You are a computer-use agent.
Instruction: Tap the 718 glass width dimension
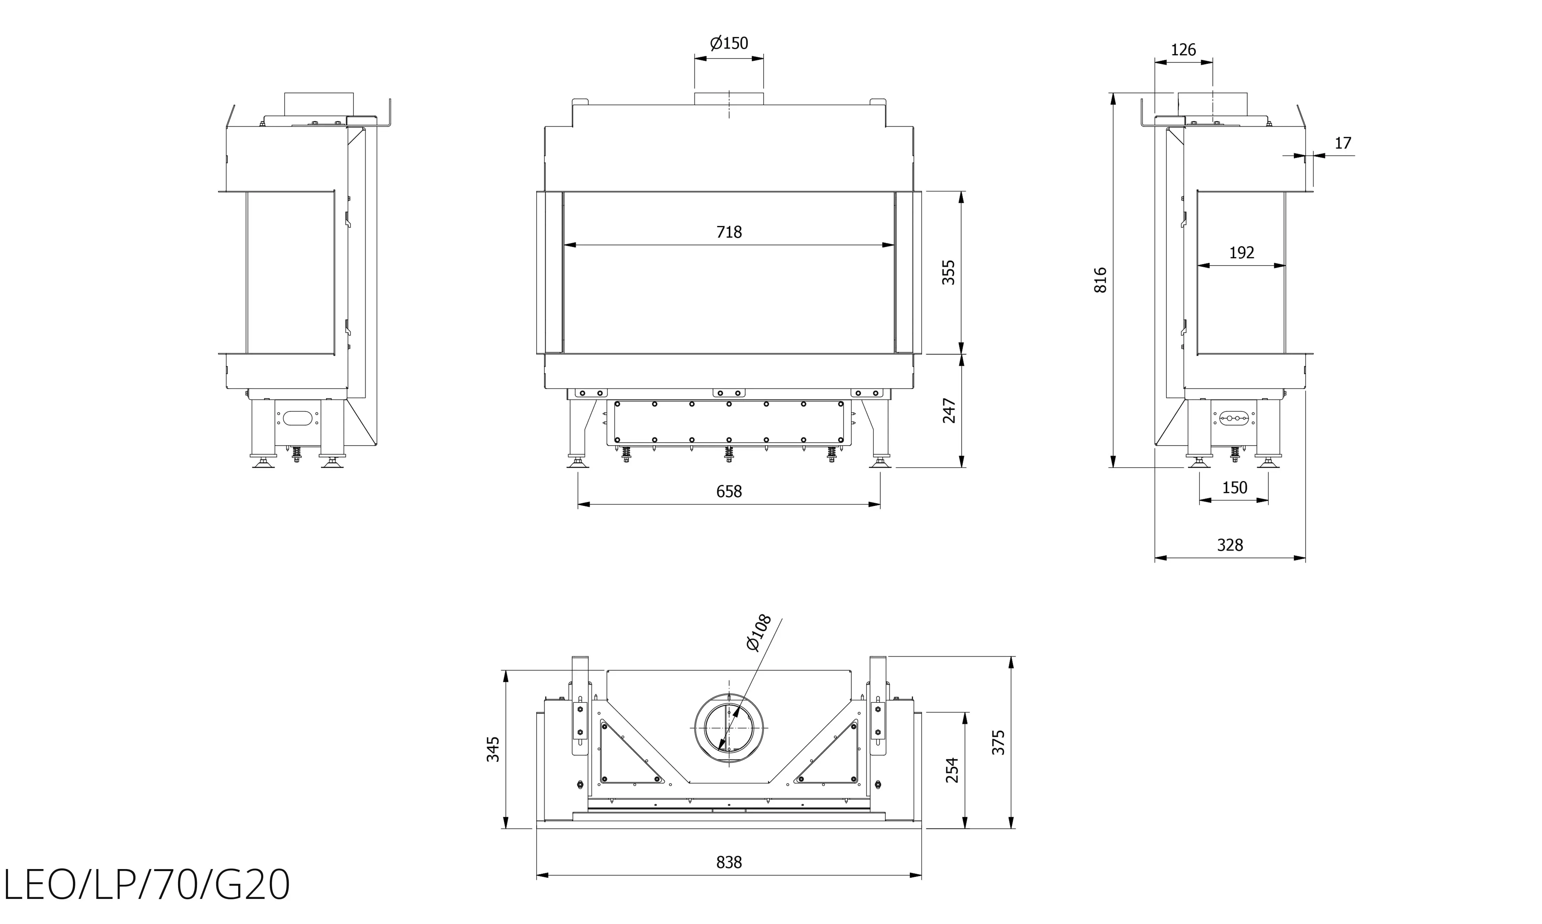tap(729, 232)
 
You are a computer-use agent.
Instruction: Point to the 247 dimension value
tap(948, 411)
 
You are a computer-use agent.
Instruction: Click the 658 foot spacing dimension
tap(729, 492)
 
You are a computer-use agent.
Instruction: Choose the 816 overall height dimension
tap(1100, 280)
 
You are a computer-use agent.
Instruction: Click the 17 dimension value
tap(1343, 143)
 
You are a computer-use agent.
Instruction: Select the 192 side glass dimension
tap(1241, 253)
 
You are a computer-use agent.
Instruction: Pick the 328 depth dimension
tap(1230, 545)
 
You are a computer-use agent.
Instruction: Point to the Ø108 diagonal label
tap(759, 633)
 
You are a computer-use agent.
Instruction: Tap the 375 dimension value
tap(999, 742)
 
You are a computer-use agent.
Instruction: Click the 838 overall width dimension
tap(729, 863)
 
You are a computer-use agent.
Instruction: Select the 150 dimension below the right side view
tap(1234, 487)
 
